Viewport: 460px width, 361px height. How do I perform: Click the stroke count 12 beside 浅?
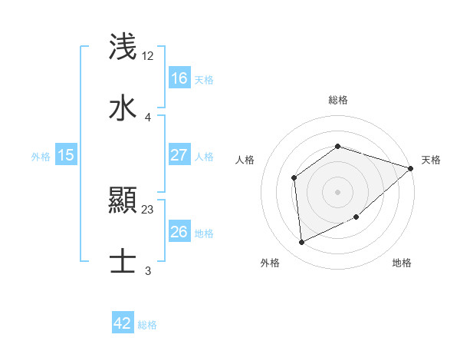(x=148, y=55)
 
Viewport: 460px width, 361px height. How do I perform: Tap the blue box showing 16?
(x=179, y=78)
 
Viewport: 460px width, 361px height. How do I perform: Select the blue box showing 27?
(x=179, y=154)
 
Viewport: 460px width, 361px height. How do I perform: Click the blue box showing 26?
(x=179, y=232)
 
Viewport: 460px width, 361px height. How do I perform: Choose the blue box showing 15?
(x=66, y=155)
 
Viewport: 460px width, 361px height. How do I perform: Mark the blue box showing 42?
(x=123, y=323)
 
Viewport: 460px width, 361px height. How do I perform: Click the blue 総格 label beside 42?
(x=147, y=325)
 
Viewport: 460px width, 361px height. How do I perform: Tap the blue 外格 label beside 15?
(x=41, y=156)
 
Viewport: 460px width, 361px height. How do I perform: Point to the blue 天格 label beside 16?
(x=204, y=79)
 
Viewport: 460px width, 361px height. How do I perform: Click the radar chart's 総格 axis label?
(x=338, y=100)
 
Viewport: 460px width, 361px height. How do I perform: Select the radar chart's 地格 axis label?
(x=402, y=263)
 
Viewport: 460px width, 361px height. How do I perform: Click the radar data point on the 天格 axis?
(x=411, y=168)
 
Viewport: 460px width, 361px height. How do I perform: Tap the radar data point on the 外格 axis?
(x=302, y=243)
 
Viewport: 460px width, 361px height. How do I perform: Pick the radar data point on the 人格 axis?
(x=294, y=178)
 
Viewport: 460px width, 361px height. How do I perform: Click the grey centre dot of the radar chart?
(x=338, y=192)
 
